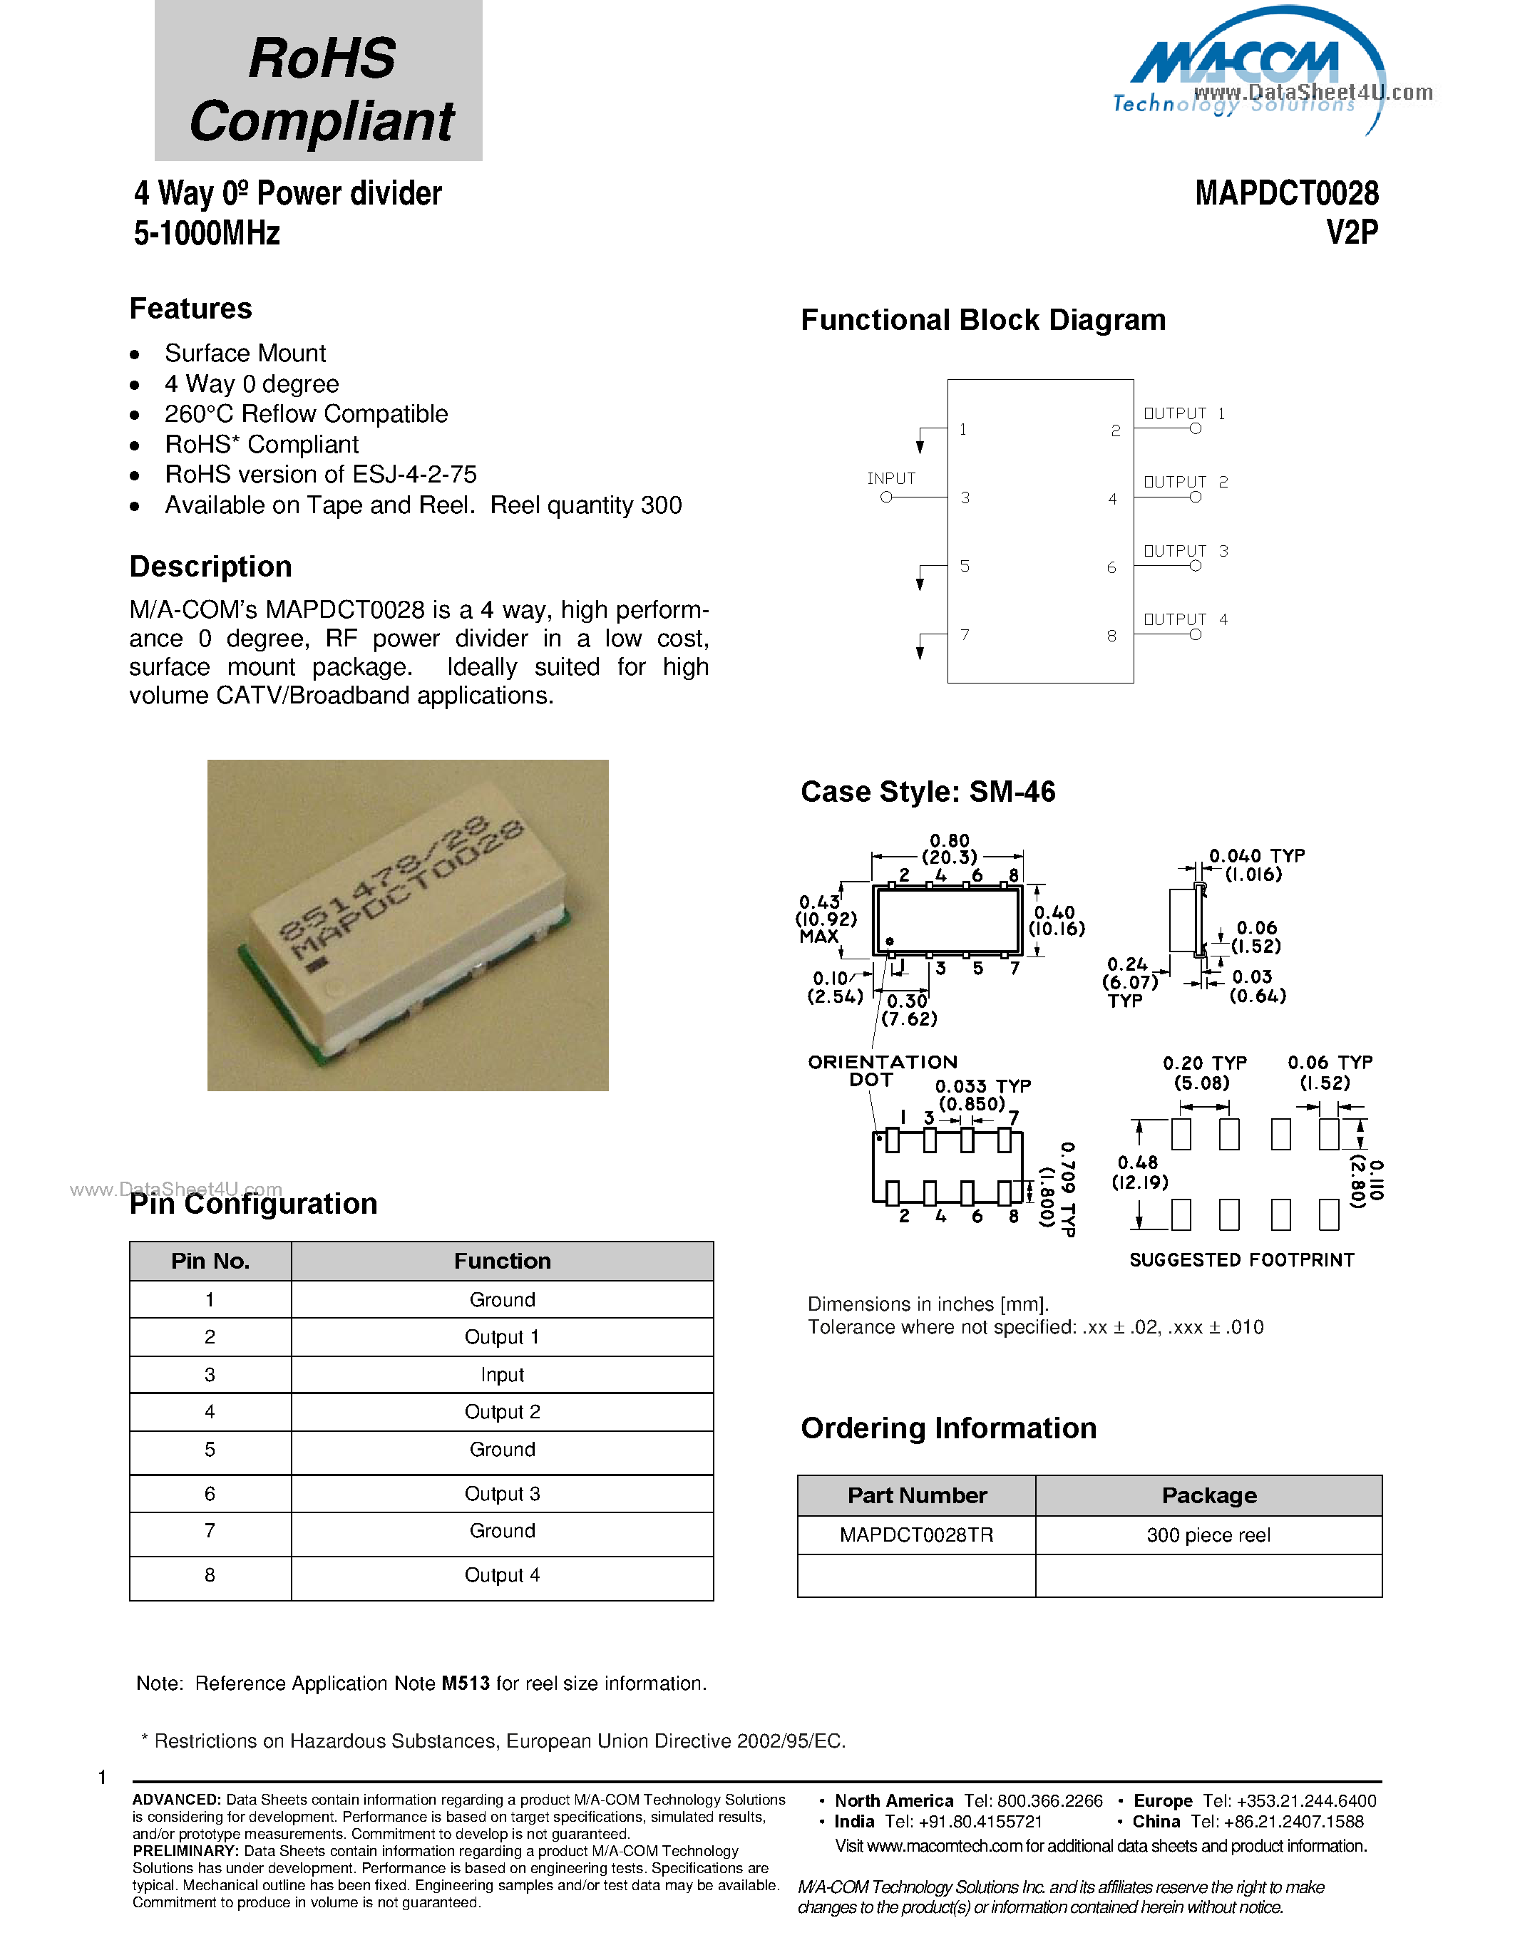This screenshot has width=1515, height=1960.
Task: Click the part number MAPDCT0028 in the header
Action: pyautogui.click(x=1286, y=193)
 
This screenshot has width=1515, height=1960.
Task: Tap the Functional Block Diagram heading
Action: pyautogui.click(x=982, y=321)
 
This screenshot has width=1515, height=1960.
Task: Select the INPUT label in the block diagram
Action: pyautogui.click(x=890, y=478)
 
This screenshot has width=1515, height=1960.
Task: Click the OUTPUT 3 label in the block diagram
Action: pyautogui.click(x=1185, y=550)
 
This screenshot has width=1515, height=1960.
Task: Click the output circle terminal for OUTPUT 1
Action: pyautogui.click(x=1196, y=429)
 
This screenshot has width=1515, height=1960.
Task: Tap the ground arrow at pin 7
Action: pyautogui.click(x=920, y=651)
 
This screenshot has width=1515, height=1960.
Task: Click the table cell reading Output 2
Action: pyautogui.click(x=502, y=1412)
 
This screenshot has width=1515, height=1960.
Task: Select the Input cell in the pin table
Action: pyautogui.click(x=502, y=1375)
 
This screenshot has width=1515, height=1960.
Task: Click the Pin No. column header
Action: pyautogui.click(x=210, y=1261)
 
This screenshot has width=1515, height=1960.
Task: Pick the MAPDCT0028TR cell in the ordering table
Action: pyautogui.click(x=916, y=1535)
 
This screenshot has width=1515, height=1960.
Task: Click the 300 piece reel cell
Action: pyautogui.click(x=1208, y=1535)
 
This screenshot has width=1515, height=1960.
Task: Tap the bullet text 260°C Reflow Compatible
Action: pyautogui.click(x=306, y=413)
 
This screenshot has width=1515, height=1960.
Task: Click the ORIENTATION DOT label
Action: pyautogui.click(x=881, y=1071)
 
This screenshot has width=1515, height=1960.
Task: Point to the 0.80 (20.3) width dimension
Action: pyautogui.click(x=949, y=849)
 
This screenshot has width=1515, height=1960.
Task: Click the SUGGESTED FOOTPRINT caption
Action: pyautogui.click(x=1241, y=1260)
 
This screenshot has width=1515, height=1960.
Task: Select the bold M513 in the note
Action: pyautogui.click(x=465, y=1683)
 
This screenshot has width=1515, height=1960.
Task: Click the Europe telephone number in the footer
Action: pyautogui.click(x=1289, y=1801)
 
